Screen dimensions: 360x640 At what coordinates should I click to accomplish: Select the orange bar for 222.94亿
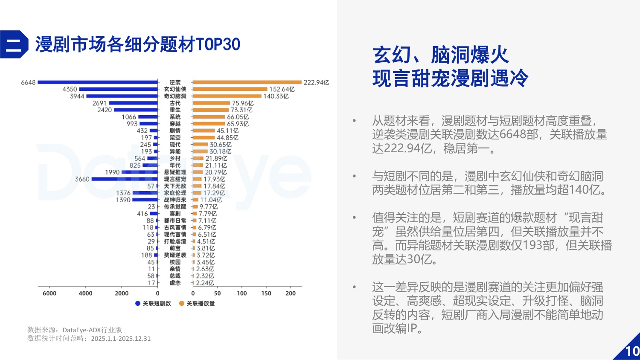[x=247, y=82]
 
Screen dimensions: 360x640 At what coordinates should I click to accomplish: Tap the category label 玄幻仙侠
[x=175, y=89]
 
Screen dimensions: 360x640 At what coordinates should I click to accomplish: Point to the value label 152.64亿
[x=282, y=89]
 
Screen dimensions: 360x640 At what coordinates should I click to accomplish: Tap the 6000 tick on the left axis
[x=49, y=293]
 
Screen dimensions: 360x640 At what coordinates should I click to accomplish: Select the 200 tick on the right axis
[x=291, y=293]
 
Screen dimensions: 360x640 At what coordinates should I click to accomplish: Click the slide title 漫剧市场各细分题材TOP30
[x=137, y=44]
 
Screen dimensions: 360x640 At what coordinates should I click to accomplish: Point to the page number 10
[x=632, y=351]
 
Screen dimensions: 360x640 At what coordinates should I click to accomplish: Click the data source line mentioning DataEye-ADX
[x=75, y=330]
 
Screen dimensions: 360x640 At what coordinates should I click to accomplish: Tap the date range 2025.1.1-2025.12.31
[x=121, y=339]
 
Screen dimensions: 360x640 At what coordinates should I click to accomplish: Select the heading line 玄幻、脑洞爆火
[x=440, y=55]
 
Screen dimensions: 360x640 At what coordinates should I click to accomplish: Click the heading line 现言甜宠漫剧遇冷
[x=450, y=78]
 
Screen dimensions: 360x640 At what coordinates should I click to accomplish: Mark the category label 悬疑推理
[x=175, y=172]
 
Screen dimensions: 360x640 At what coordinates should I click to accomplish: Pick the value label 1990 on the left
[x=112, y=172]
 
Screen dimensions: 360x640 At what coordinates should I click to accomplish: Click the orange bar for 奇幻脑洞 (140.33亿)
[x=227, y=96]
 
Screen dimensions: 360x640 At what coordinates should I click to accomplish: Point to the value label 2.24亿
[x=205, y=283]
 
